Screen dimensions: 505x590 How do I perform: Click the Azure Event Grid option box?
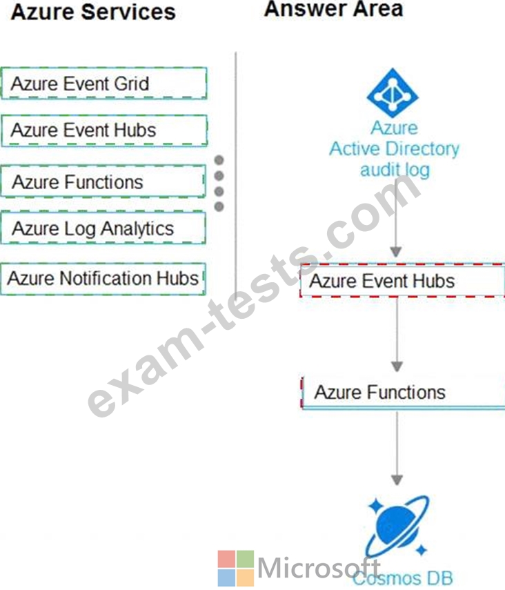click(x=104, y=83)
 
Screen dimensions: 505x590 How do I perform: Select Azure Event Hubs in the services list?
click(x=104, y=130)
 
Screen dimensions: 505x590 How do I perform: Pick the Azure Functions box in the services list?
click(x=103, y=181)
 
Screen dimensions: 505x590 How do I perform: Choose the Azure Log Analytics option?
click(x=103, y=228)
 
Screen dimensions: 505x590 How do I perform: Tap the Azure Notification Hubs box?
click(x=103, y=279)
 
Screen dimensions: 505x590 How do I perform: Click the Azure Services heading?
click(x=93, y=12)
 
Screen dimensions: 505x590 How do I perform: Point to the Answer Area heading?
click(x=333, y=9)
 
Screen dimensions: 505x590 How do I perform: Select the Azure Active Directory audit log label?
click(x=395, y=149)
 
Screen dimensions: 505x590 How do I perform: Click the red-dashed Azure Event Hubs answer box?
click(x=402, y=281)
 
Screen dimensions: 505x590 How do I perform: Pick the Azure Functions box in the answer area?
click(x=403, y=392)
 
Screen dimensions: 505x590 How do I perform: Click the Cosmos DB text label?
click(x=403, y=578)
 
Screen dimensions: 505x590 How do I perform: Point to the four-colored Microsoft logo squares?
click(x=236, y=568)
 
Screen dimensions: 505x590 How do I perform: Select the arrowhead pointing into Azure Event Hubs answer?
click(x=395, y=252)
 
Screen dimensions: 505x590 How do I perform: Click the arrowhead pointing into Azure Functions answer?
click(x=397, y=366)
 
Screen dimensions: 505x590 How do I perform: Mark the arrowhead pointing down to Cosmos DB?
click(x=397, y=480)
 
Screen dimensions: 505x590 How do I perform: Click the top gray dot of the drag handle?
click(x=219, y=160)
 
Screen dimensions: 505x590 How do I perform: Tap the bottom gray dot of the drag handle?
click(x=219, y=206)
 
